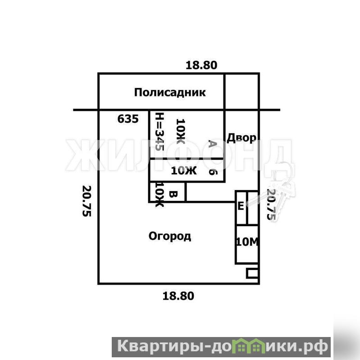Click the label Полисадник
point(170,92)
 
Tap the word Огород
point(170,236)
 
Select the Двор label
point(242,138)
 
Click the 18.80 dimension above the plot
point(201,65)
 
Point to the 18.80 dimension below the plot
point(178,296)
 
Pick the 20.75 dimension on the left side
point(87,201)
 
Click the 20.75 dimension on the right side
point(271,205)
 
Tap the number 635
point(128,119)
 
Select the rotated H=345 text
point(159,132)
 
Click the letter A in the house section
point(213,144)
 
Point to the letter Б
point(213,172)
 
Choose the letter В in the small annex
point(173,195)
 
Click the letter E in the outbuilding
point(241,206)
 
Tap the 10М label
point(247,242)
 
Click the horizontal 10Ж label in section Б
point(184,171)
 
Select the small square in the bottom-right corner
point(252,273)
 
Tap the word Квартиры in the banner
point(161,346)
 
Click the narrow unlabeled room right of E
point(253,208)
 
